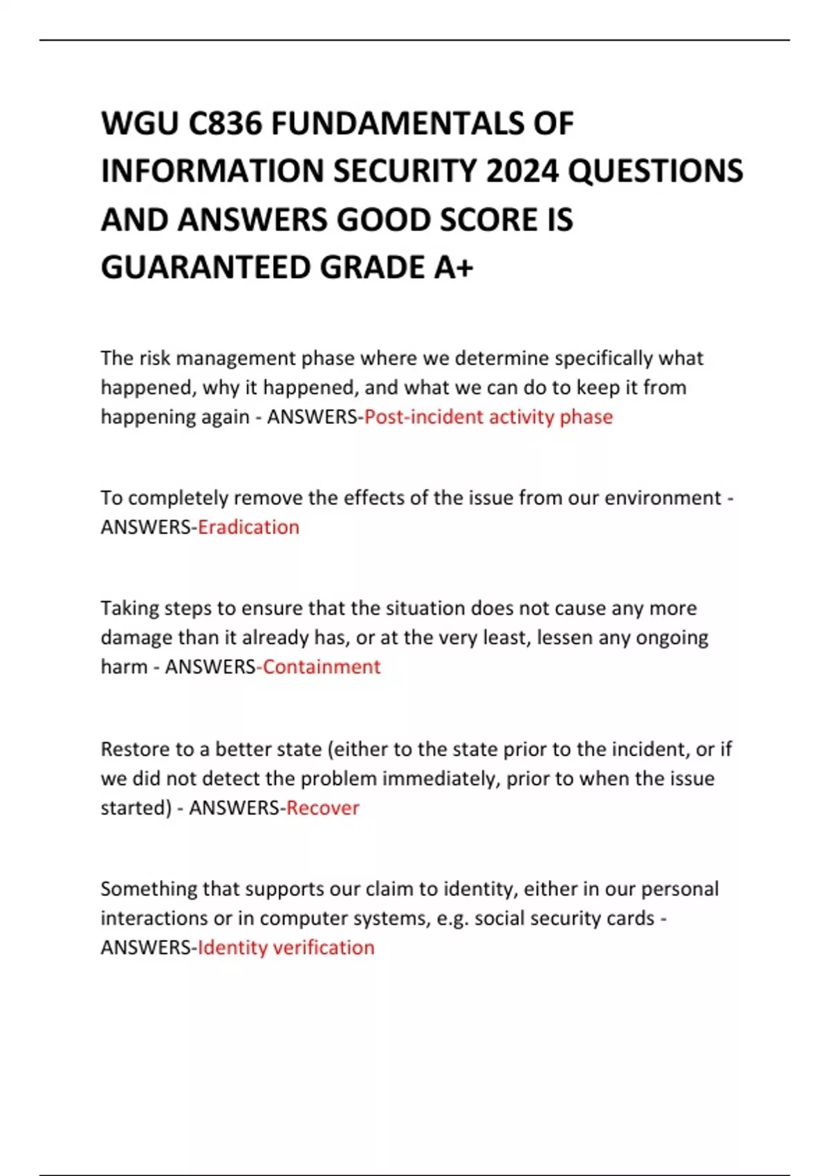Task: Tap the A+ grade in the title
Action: click(x=453, y=268)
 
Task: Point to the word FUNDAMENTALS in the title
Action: click(x=397, y=124)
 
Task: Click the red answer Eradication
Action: click(x=248, y=527)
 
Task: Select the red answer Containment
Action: click(x=322, y=667)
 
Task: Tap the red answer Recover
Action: click(x=323, y=808)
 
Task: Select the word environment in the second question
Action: click(x=663, y=498)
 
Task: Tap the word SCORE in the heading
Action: click(x=488, y=220)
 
